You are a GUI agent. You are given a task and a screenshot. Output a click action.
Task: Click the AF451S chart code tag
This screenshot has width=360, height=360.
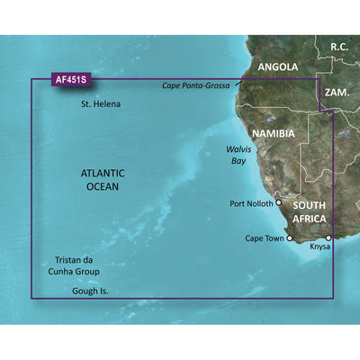tap(52, 79)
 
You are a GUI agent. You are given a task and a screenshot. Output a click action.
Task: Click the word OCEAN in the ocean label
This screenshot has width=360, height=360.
tap(98, 186)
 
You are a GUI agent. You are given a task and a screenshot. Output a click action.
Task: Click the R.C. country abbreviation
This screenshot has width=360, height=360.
tap(339, 46)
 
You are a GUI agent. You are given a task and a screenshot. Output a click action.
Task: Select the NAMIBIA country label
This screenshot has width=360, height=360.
tap(274, 133)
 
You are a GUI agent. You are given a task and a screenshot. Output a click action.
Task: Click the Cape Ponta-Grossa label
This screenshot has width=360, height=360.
tap(195, 85)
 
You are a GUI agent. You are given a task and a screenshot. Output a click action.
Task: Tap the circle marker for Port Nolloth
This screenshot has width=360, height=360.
tap(279, 202)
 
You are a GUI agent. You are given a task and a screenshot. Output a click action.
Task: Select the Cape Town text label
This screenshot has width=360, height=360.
tap(264, 238)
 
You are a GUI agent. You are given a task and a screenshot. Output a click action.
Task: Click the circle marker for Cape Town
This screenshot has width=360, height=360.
tap(290, 238)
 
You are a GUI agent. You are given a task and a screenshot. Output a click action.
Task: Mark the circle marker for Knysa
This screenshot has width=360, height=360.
tap(328, 238)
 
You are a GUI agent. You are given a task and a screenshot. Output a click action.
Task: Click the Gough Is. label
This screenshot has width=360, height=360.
tap(94, 292)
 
